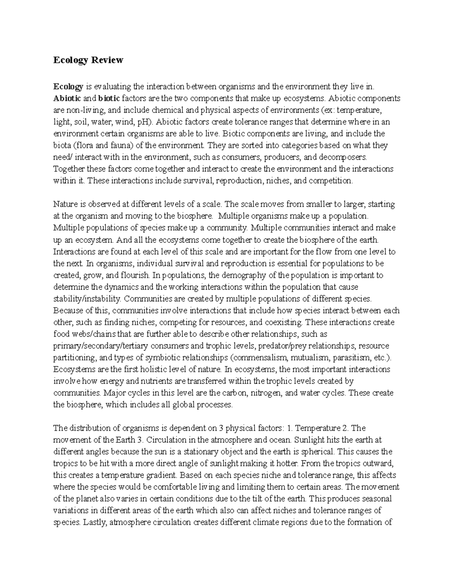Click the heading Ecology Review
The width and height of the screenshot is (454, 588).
click(88, 60)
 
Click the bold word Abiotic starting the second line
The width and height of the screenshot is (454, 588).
click(67, 98)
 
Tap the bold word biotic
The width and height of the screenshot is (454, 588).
click(109, 98)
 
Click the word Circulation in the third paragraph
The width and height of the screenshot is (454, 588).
click(163, 440)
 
